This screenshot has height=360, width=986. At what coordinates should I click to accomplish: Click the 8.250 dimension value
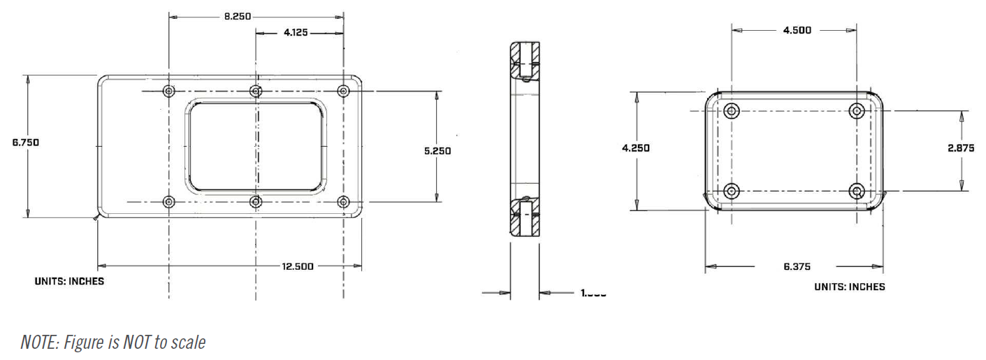[238, 15]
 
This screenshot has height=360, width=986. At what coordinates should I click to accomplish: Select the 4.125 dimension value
[297, 32]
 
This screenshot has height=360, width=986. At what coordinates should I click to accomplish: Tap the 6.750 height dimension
[26, 142]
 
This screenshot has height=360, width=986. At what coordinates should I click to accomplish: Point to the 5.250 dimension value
[437, 150]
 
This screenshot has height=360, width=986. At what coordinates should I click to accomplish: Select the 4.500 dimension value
[797, 30]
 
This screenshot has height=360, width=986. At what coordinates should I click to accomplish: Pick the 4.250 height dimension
[636, 148]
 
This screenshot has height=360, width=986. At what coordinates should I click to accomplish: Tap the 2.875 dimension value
[961, 148]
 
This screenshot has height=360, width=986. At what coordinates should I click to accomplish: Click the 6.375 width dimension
[797, 266]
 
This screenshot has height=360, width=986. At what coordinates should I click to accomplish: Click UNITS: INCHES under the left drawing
[69, 281]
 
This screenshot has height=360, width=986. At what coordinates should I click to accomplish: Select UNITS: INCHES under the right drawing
[849, 287]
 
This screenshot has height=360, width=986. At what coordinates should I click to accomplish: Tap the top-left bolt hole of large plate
[168, 91]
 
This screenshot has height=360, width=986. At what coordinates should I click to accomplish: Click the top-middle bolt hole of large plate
[256, 91]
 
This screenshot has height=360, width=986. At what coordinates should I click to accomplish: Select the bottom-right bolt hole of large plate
[343, 202]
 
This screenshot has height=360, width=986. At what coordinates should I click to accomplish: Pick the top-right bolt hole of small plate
[857, 110]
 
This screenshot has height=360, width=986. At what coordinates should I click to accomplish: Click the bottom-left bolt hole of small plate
[732, 191]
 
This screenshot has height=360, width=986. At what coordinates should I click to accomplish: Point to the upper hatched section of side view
[524, 59]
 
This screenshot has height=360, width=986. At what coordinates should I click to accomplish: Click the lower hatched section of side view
[524, 219]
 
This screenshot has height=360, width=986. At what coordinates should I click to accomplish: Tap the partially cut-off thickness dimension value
[593, 294]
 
